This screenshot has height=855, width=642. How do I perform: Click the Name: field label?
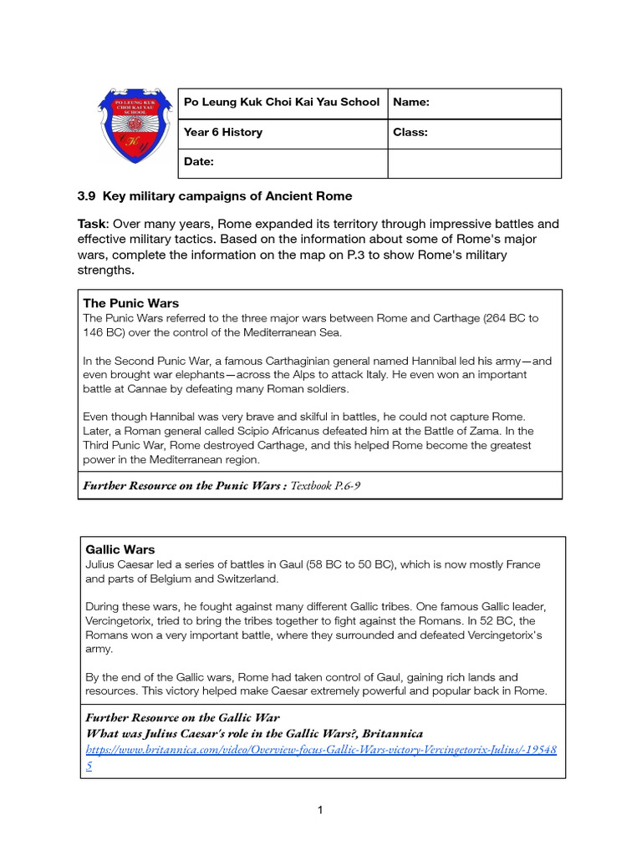[411, 103]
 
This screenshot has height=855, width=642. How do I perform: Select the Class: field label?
[410, 132]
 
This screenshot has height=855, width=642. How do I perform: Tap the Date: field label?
[199, 162]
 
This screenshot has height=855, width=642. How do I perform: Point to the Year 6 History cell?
[223, 132]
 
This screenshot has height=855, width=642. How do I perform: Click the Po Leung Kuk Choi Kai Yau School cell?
[282, 103]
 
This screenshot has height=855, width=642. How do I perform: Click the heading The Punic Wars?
[131, 303]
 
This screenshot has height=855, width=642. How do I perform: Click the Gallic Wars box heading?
[120, 550]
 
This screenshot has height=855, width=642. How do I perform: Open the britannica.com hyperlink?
[322, 749]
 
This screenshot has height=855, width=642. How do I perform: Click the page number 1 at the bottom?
[320, 809]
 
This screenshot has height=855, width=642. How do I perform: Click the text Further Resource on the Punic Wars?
[182, 485]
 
